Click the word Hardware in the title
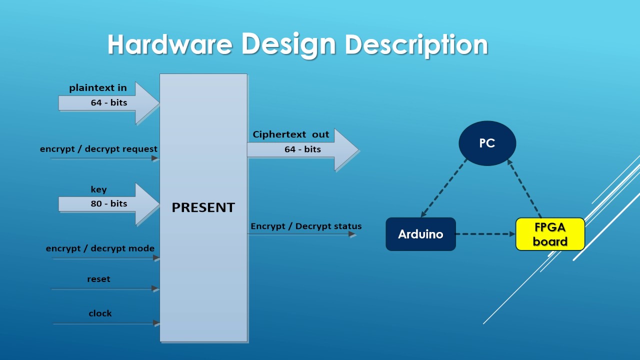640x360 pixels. coord(170,44)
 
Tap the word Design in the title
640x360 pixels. coord(288,43)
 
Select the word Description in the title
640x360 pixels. coord(416,45)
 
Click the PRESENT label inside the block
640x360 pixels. coord(203,207)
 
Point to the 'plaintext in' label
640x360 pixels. coord(98,88)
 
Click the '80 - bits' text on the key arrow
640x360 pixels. coord(109,203)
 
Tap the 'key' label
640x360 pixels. coord(98,189)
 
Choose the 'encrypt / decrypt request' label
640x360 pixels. coord(98,149)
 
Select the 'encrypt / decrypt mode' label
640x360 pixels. coord(100,248)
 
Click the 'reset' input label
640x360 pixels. coord(98,279)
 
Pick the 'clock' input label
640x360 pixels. coord(100,313)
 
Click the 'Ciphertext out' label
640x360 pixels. coord(291,134)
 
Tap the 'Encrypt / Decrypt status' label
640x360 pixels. coord(306,226)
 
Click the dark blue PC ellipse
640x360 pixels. coord(487,143)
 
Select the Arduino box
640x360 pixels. coord(420,234)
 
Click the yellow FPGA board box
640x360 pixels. coord(550,234)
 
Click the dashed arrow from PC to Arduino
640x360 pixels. coord(444,188)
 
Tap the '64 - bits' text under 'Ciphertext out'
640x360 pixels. coord(302,149)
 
